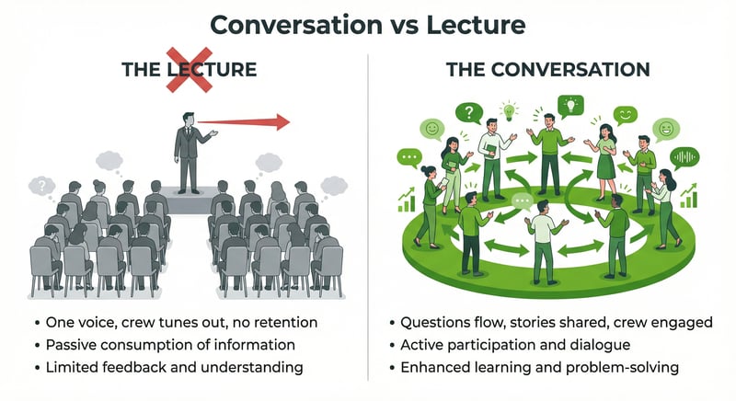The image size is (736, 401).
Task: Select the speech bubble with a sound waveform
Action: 684,157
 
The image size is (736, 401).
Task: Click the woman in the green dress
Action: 604,155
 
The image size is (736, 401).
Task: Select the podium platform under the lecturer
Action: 189,201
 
